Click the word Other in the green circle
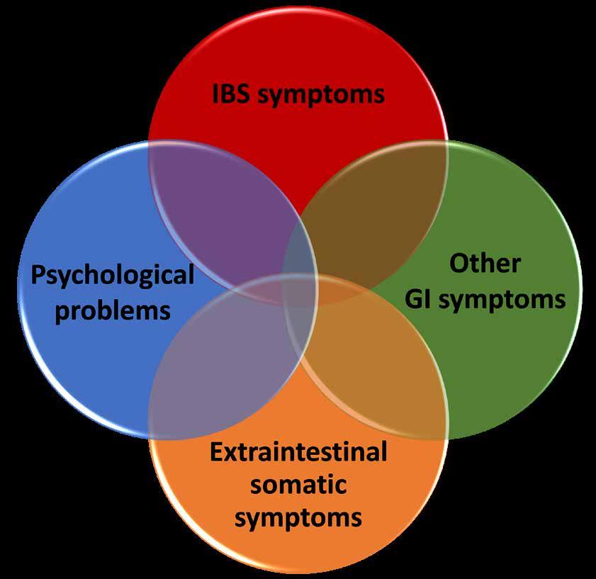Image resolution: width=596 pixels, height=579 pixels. coord(485,264)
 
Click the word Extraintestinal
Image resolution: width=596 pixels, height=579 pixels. coord(298,451)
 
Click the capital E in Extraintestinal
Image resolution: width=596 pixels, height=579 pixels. coord(217,451)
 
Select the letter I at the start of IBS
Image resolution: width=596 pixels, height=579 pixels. coord(216,94)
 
